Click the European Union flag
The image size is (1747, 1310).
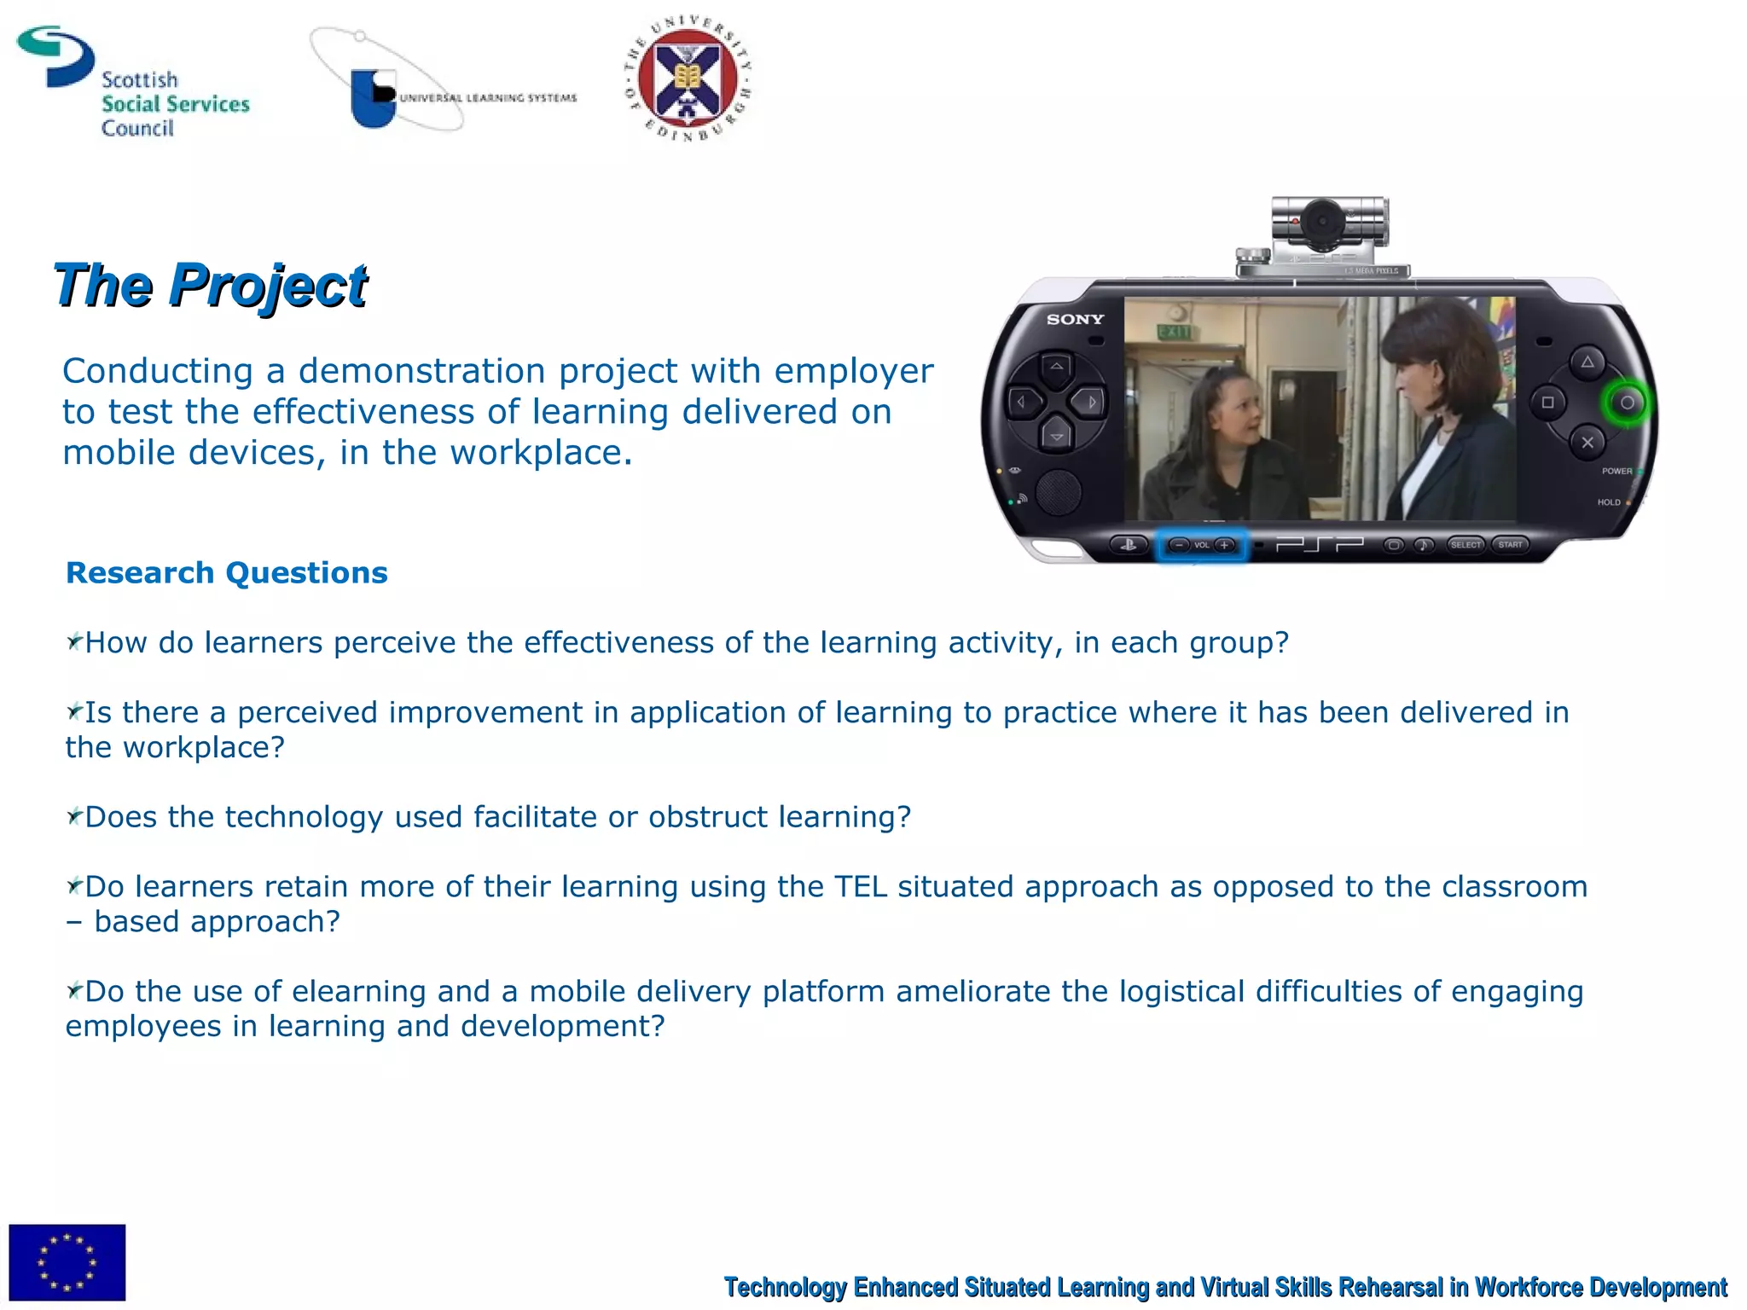pyautogui.click(x=67, y=1261)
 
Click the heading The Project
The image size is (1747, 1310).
pyautogui.click(x=210, y=285)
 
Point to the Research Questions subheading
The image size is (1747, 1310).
pyautogui.click(x=226, y=573)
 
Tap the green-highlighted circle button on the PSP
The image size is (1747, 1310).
pyautogui.click(x=1627, y=403)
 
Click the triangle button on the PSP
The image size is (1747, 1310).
pyautogui.click(x=1587, y=362)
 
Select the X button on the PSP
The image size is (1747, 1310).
pyautogui.click(x=1587, y=443)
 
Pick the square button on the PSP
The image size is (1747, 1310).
pyautogui.click(x=1547, y=403)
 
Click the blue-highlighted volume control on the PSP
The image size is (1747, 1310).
pyautogui.click(x=1202, y=545)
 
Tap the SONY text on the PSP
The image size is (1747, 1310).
pyautogui.click(x=1075, y=320)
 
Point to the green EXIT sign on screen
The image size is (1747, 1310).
pyautogui.click(x=1174, y=332)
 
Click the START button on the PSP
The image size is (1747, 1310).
pyautogui.click(x=1510, y=545)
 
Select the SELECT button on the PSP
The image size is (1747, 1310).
pyautogui.click(x=1466, y=545)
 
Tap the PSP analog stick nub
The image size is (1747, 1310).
pyautogui.click(x=1058, y=492)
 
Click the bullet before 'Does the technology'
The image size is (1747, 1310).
pyautogui.click(x=74, y=817)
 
